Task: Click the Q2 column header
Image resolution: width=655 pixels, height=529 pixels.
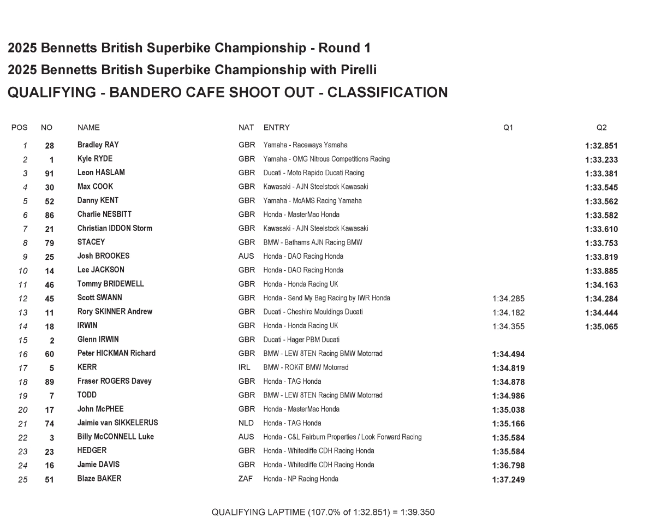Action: [x=601, y=128]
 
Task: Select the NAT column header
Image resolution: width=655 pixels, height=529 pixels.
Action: [x=246, y=128]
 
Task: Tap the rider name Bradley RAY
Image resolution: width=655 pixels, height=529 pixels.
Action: [x=98, y=145]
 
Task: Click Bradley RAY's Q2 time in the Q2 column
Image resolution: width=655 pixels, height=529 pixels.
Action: [x=601, y=146]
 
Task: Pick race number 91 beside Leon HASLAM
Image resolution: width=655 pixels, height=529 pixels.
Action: [x=50, y=174]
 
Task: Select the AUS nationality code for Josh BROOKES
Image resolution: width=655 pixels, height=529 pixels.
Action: [x=247, y=256]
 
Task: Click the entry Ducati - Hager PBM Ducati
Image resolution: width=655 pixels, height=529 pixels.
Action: [x=301, y=340]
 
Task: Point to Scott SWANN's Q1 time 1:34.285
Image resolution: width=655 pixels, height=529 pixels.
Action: [x=508, y=299]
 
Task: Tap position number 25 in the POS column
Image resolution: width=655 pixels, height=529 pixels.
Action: [x=22, y=480]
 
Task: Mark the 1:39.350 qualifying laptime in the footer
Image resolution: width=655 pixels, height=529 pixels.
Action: [x=418, y=512]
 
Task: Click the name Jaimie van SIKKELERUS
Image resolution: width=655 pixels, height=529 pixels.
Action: [x=117, y=423]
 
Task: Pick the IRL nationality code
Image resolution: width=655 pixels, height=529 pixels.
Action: [x=245, y=367]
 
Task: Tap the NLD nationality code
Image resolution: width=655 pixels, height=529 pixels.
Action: [x=246, y=423]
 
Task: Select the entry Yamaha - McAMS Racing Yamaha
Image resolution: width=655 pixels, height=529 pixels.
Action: [x=312, y=201]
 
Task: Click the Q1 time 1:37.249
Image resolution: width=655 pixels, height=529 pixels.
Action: [x=508, y=480]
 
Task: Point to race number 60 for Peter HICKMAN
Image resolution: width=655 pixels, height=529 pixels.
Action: [x=50, y=354]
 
